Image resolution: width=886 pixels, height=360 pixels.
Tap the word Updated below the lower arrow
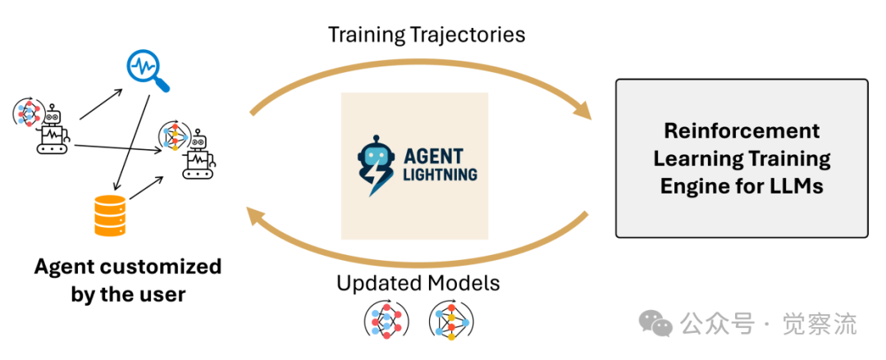click(378, 284)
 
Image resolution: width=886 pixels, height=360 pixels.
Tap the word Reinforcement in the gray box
click(742, 130)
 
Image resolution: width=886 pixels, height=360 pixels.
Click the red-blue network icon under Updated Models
click(385, 321)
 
